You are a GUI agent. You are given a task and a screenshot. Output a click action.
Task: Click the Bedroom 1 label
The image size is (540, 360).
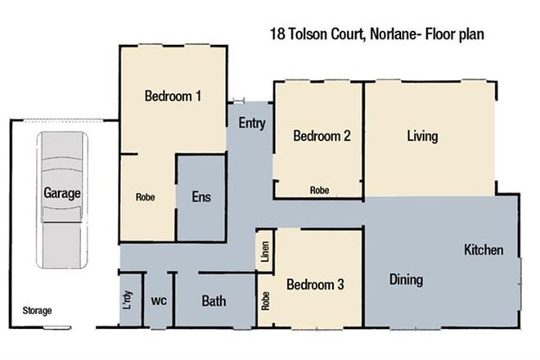[173, 96]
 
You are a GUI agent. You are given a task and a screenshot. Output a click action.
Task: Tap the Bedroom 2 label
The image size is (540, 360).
[322, 137]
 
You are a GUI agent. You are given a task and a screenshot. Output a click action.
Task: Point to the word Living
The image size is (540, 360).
[423, 136]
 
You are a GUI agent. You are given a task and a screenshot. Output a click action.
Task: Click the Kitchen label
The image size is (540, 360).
[484, 250]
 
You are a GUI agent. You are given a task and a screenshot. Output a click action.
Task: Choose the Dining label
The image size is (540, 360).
[406, 280]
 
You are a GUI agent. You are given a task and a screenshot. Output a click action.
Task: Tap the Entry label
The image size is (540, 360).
[251, 124]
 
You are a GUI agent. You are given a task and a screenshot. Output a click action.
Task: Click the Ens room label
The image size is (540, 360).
[201, 197]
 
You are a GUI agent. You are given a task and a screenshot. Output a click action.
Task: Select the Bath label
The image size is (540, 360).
[214, 301]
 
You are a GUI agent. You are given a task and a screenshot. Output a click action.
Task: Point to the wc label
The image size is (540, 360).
[159, 301]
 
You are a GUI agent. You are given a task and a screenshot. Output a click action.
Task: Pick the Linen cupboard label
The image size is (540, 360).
[264, 251]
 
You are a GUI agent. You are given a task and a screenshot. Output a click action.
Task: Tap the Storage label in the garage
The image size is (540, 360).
[37, 311]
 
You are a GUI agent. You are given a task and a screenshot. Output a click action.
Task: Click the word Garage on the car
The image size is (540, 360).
[62, 194]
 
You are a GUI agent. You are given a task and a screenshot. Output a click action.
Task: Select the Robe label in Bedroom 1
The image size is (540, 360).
[146, 197]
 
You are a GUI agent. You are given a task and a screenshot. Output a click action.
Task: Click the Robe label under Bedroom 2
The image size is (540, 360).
[319, 190]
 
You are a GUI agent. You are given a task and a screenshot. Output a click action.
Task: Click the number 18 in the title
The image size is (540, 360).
[277, 35]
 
